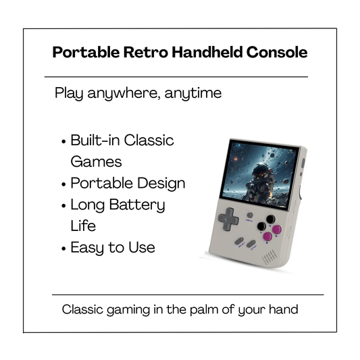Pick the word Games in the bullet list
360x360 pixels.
coord(96,162)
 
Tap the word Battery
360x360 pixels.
coord(139,205)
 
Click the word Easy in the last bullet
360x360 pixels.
coord(88,248)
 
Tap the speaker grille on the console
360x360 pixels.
coord(270,257)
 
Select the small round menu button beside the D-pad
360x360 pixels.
coord(249,215)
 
